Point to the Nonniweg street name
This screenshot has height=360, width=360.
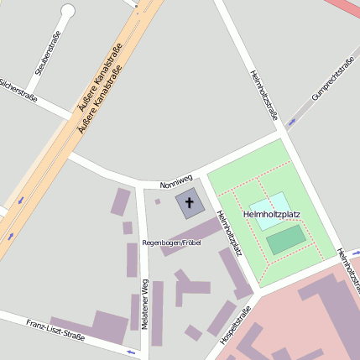[176, 179]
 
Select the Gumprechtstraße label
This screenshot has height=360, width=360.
[333, 77]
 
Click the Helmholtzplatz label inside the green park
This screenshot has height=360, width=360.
[272, 215]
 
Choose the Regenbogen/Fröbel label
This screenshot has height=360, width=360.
[172, 243]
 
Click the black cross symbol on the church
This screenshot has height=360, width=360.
[189, 203]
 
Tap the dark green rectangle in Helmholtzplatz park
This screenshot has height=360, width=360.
[286, 241]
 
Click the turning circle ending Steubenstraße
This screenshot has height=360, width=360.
[68, 11]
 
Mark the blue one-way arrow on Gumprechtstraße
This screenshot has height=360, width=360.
[292, 123]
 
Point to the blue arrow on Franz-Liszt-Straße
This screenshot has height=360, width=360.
[131, 352]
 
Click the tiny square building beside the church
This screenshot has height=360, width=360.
[157, 201]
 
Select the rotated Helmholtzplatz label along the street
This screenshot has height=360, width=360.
[229, 232]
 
